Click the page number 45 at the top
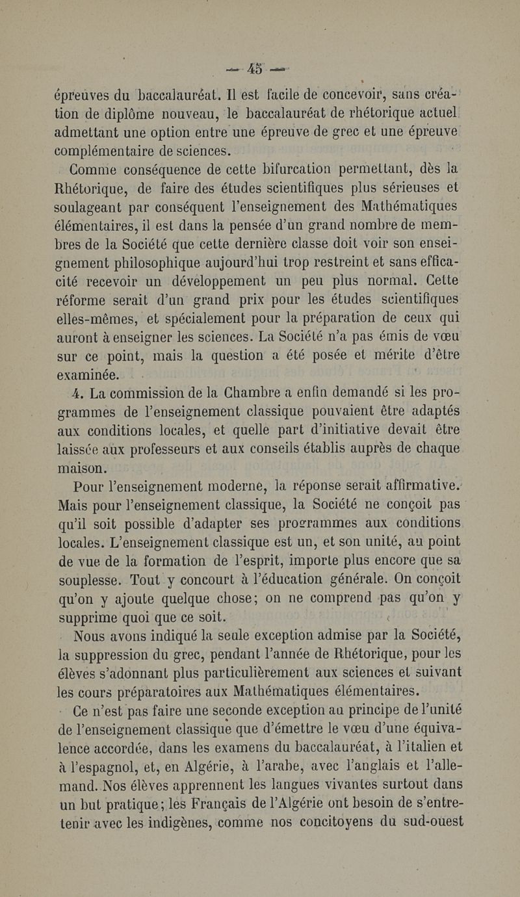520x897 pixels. [259, 67]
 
